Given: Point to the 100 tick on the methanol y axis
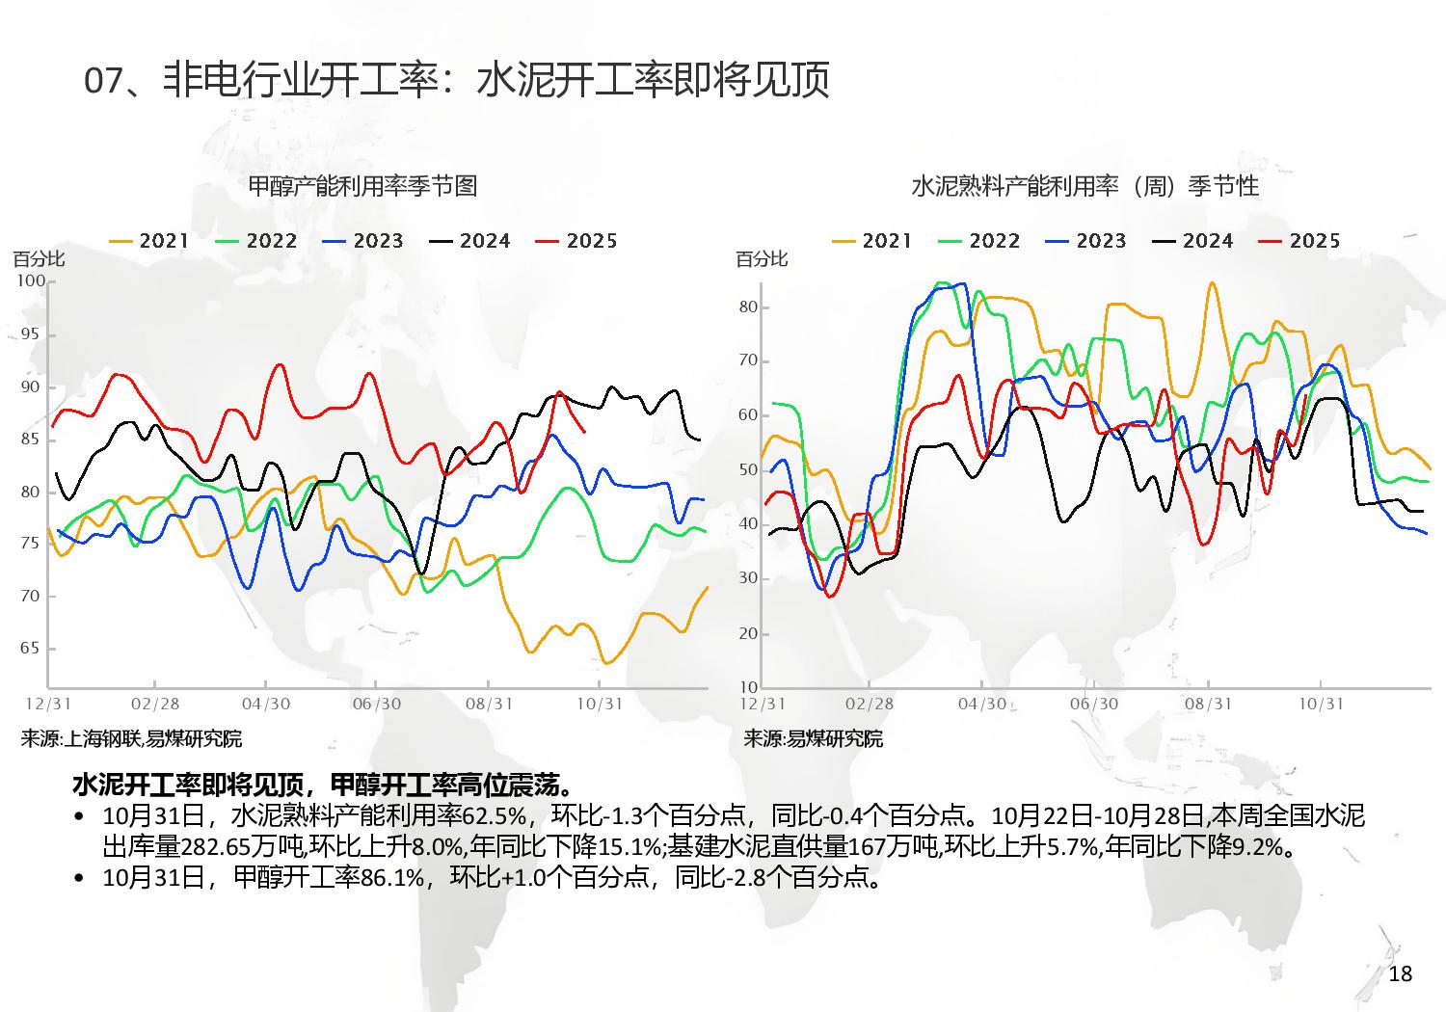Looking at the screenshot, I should (31, 280).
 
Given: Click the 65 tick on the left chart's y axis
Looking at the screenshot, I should (29, 648).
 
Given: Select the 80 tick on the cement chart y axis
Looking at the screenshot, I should (749, 307).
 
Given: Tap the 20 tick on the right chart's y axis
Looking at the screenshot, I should (749, 633).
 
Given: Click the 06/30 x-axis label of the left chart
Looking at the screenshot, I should (377, 704).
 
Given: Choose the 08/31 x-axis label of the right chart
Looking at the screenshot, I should (1208, 704).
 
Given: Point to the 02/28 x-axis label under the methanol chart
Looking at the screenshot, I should (155, 704).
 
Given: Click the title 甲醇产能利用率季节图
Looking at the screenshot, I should (362, 185).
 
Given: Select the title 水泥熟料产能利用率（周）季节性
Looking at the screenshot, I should (1084, 185).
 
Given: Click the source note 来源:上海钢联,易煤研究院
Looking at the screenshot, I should (131, 739).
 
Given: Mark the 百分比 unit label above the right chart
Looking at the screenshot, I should (762, 258).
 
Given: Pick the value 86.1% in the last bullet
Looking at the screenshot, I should (392, 877).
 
